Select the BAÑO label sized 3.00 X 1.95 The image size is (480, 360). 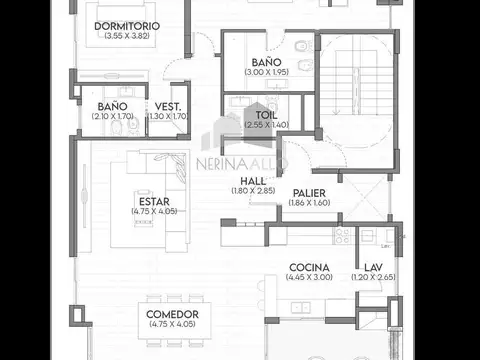tap(266, 62)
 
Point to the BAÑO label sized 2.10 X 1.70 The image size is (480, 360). tap(111, 106)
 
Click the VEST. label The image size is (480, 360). tap(167, 106)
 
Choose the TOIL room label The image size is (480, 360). tap(266, 115)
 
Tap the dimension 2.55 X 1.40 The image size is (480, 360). tap(266, 124)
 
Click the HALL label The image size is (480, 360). tap(252, 181)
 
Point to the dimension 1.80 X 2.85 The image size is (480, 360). tap(252, 190)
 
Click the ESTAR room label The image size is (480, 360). tap(153, 202)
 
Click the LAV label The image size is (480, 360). tap(373, 267)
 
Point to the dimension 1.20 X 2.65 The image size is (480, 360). tap(373, 277)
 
